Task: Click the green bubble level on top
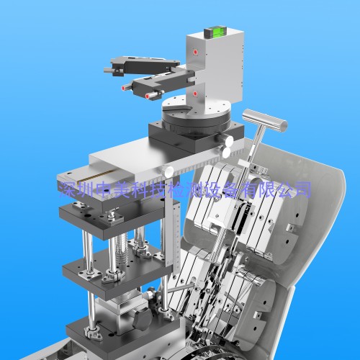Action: (212, 33)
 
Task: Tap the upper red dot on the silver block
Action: (196, 52)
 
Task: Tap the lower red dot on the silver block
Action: (195, 94)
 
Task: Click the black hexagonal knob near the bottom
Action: (141, 318)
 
